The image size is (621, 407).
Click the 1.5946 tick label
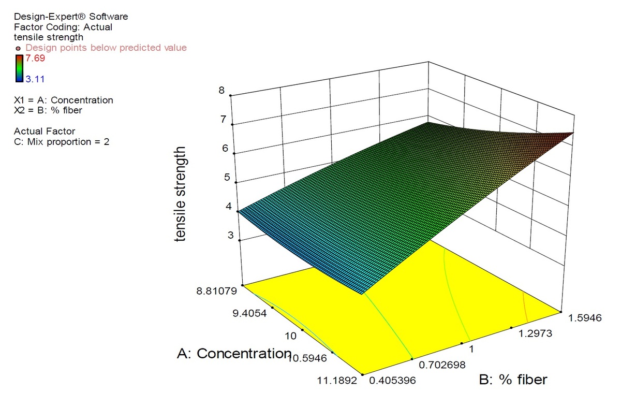584,317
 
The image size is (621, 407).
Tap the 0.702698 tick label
443,365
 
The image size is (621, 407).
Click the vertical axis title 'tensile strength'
181,194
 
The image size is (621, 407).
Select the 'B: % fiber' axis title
513,380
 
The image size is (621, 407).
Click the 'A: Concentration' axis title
234,354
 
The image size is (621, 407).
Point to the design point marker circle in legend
19,48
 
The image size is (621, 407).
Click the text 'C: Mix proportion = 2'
62,141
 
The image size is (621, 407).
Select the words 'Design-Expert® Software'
71,17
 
